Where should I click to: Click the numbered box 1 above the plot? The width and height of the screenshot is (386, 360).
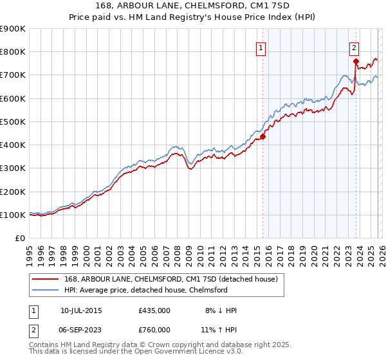click(x=261, y=47)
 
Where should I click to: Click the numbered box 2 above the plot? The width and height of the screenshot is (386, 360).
click(x=354, y=47)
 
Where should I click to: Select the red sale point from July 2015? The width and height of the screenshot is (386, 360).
click(x=263, y=136)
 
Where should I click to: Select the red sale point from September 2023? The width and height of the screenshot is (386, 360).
click(x=356, y=61)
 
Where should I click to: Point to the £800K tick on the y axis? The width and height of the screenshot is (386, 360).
click(x=13, y=52)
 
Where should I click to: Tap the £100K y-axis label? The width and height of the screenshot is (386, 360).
click(x=13, y=215)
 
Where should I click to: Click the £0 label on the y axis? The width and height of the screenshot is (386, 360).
click(x=19, y=238)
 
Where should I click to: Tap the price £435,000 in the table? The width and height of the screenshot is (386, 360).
click(x=154, y=310)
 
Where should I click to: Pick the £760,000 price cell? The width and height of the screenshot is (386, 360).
click(x=154, y=329)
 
